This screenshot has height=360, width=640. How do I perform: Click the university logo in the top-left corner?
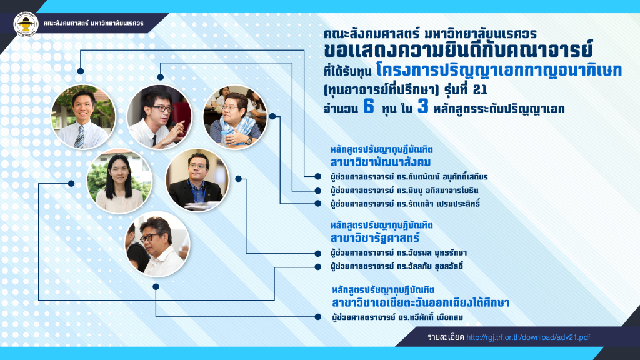tap(26, 24)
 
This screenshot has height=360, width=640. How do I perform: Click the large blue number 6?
tap(369, 106)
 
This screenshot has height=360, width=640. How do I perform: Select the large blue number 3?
tap(423, 106)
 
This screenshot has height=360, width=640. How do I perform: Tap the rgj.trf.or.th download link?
tap(528, 337)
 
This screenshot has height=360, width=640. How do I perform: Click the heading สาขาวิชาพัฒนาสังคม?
tap(381, 162)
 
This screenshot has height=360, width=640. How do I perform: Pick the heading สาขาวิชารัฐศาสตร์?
tap(375, 237)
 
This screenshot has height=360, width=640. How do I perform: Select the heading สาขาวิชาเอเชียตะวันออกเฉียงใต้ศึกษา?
tap(421, 303)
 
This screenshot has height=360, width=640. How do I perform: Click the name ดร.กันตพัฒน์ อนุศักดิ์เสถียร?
tap(442, 177)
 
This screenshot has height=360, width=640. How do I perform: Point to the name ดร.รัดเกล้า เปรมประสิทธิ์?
tap(438, 203)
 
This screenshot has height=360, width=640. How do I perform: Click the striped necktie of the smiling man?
tap(79, 137)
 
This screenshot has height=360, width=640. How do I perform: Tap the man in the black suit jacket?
tap(197, 180)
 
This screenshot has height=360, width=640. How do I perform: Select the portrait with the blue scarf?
tap(235, 117)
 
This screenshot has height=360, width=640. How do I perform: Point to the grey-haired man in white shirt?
tap(157, 244)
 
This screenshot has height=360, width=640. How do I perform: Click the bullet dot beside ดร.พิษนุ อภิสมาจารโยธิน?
tap(317, 190)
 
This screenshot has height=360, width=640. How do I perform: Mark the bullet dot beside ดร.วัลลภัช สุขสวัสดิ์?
tap(317, 266)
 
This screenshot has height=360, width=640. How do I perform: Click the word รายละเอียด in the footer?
tap(446, 337)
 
